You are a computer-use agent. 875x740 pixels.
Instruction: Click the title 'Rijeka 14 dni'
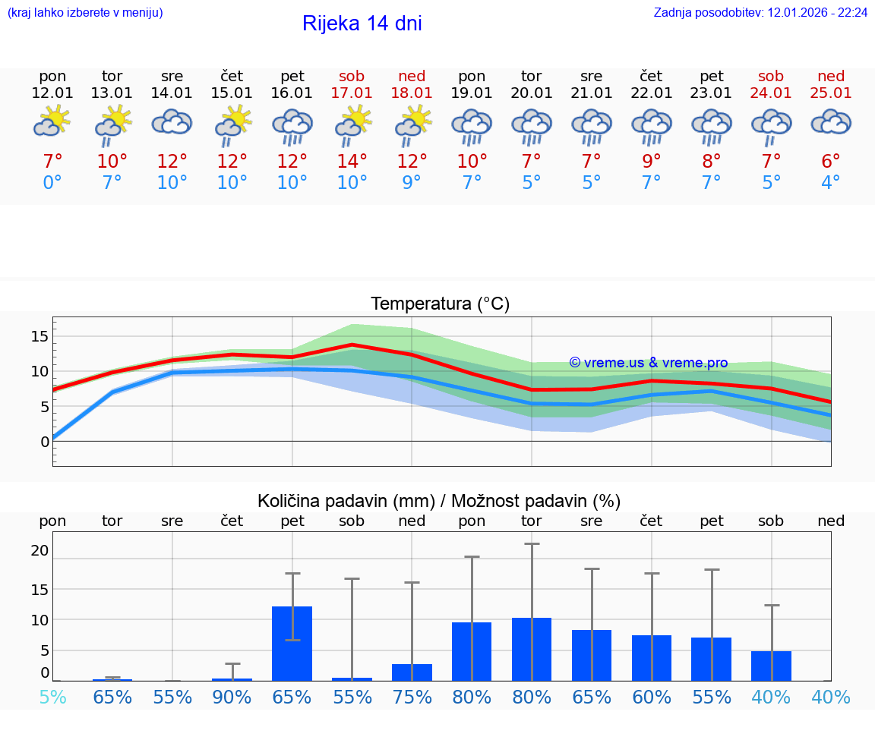(x=362, y=24)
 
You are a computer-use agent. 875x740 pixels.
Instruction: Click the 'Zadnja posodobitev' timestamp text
(x=760, y=12)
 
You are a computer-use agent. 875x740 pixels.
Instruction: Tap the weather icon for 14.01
(x=172, y=122)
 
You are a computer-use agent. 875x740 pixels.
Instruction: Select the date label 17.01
(x=352, y=93)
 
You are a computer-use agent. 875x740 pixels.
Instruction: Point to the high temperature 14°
(x=352, y=161)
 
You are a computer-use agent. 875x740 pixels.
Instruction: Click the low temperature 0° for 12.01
(x=52, y=183)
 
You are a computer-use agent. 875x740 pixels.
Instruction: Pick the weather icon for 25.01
(x=831, y=122)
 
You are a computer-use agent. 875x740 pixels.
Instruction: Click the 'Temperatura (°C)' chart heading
(x=440, y=304)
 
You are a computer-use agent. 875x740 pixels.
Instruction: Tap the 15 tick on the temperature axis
(x=39, y=336)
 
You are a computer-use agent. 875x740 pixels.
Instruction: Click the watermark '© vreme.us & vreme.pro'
(x=649, y=363)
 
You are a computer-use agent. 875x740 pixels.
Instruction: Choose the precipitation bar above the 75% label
(x=412, y=672)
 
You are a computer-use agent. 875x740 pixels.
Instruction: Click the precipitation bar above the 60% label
(x=652, y=658)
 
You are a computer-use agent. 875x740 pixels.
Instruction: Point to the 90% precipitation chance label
(x=232, y=697)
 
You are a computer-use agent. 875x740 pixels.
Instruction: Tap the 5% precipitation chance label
(x=52, y=697)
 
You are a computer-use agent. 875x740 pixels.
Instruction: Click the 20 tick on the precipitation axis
(x=39, y=550)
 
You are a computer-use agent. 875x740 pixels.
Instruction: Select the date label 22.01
(x=652, y=93)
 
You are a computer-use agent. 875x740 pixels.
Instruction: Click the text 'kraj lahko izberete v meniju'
(x=85, y=12)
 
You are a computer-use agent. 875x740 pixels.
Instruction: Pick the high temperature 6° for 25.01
(x=831, y=161)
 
